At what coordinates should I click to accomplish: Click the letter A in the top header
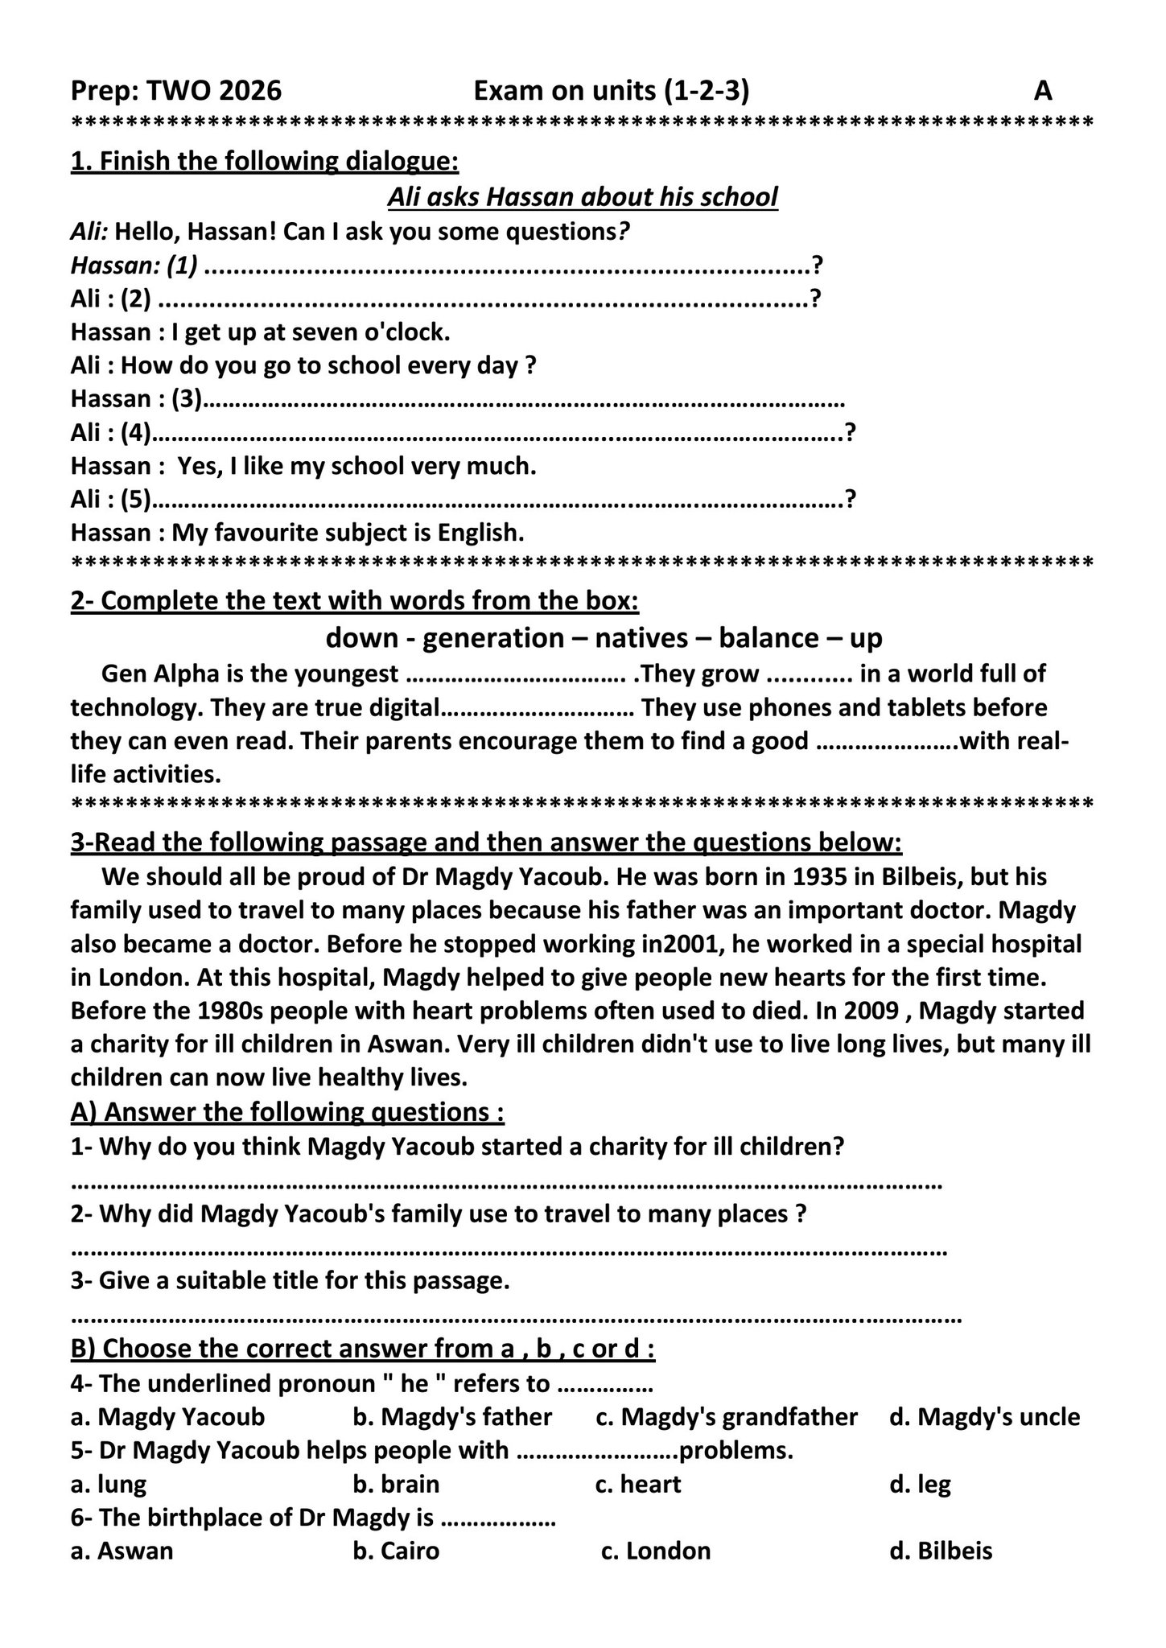point(1042,91)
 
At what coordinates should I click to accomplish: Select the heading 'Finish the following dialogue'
point(265,161)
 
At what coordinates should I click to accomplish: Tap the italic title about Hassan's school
point(583,196)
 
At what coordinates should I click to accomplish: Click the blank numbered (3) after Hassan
point(523,399)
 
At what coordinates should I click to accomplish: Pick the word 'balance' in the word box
point(768,637)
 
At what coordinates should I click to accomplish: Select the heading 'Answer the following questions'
point(287,1112)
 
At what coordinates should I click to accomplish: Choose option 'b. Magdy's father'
point(452,1416)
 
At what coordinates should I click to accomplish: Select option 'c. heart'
point(638,1484)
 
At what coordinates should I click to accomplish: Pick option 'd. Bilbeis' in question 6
point(941,1551)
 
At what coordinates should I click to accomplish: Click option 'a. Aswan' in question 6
point(122,1551)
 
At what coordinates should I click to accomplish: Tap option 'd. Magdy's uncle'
point(984,1416)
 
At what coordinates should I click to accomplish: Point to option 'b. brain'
point(396,1484)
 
